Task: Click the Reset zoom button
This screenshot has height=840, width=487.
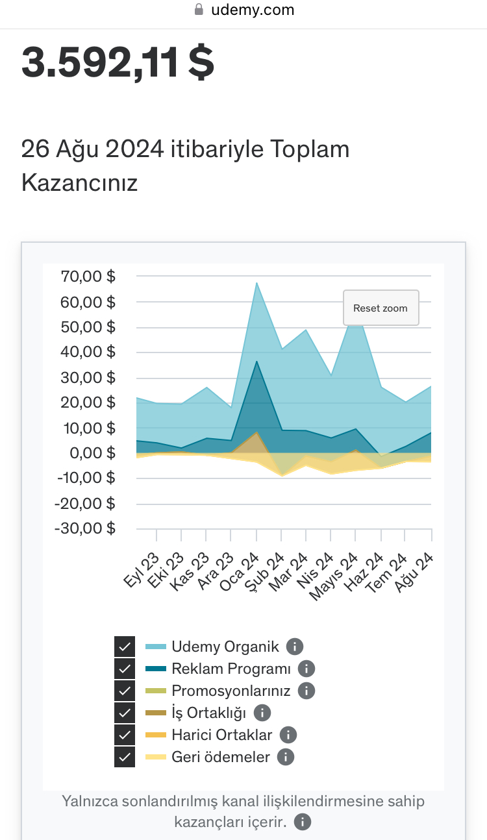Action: pos(381,308)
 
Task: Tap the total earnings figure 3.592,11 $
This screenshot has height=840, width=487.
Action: pos(118,62)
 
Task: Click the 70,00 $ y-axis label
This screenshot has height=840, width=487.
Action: pos(88,276)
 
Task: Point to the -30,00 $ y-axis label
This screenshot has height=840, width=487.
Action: pos(85,528)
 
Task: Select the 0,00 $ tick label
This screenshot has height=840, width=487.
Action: pos(92,452)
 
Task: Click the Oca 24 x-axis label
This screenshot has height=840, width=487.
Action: pos(239,571)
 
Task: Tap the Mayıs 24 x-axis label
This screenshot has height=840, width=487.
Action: pos(333,576)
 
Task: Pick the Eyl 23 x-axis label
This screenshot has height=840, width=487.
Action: pos(141,569)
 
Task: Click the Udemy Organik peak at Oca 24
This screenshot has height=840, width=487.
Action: pos(256,283)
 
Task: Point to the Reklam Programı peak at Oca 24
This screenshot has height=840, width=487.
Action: pos(256,362)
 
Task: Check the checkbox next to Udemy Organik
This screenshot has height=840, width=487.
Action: pos(125,646)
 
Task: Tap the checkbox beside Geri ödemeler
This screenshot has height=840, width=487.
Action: pos(125,757)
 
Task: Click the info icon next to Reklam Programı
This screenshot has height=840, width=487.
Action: pos(306,668)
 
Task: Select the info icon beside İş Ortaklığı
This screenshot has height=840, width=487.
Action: pos(262,713)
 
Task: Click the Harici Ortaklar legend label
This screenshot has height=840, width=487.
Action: pos(221,735)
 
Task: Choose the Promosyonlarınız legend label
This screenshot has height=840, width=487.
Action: pos(231,691)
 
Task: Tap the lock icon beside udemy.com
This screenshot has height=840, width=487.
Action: pos(199,9)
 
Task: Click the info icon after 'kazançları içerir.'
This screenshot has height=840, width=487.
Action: pos(303,822)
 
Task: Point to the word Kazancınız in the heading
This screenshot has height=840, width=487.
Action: pos(79,182)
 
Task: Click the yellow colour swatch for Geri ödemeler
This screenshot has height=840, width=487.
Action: pos(156,757)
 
